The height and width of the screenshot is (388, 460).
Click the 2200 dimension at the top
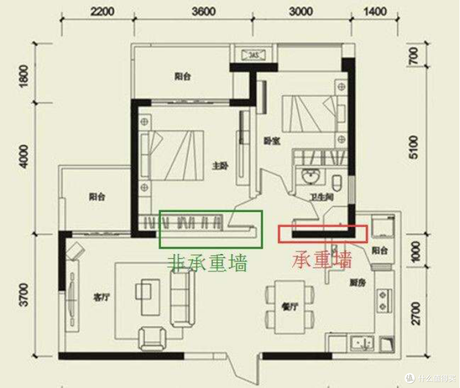(x=102, y=11)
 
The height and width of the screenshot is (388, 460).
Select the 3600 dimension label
(x=204, y=11)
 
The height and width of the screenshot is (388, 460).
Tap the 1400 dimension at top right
(x=375, y=11)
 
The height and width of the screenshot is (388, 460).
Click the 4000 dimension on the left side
(x=24, y=156)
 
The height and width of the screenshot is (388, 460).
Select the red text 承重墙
(x=322, y=259)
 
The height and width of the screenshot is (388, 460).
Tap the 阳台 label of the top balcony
(x=182, y=77)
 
